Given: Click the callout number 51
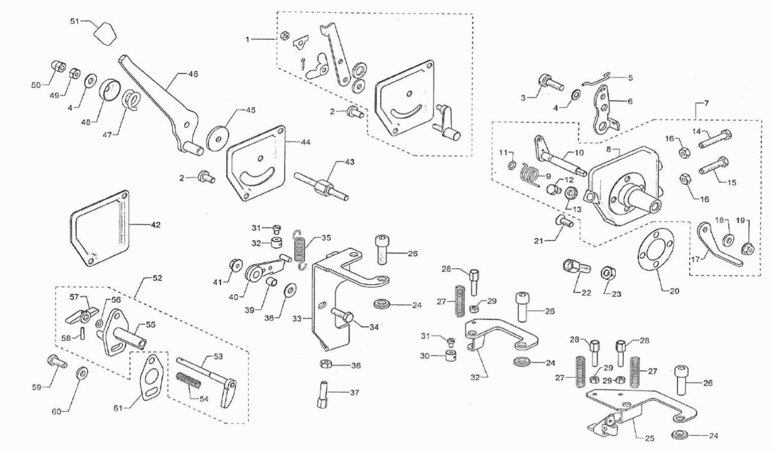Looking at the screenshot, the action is pyautogui.click(x=75, y=21).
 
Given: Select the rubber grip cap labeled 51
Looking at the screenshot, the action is pyautogui.click(x=105, y=34).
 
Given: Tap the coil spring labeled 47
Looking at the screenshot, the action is pyautogui.click(x=132, y=100).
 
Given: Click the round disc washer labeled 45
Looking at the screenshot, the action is pyautogui.click(x=219, y=139).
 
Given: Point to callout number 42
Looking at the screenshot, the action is pyautogui.click(x=156, y=225).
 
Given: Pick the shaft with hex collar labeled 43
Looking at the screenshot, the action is pyautogui.click(x=321, y=186).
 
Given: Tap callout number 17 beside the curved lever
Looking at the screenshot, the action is pyautogui.click(x=696, y=259).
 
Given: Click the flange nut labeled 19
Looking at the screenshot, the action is pyautogui.click(x=747, y=248).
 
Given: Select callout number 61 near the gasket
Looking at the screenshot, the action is pyautogui.click(x=118, y=409).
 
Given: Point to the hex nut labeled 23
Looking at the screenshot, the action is pyautogui.click(x=607, y=273).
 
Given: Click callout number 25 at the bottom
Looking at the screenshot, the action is pyautogui.click(x=650, y=438).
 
